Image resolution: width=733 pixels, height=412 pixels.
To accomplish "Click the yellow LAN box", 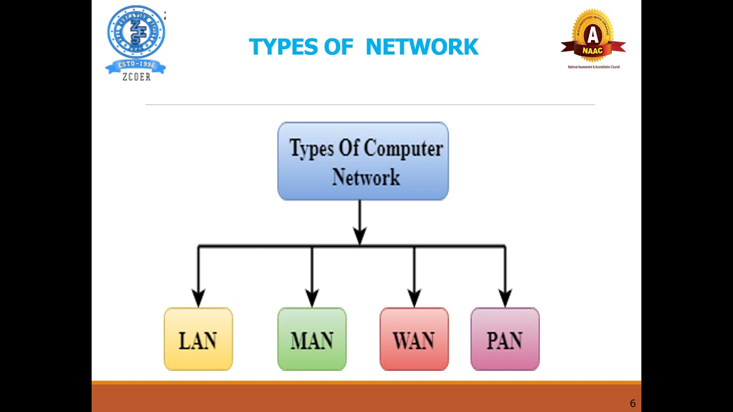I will (x=198, y=339).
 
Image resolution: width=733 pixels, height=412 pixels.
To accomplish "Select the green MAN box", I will (x=312, y=339).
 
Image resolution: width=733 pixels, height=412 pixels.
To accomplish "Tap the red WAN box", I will (x=414, y=339).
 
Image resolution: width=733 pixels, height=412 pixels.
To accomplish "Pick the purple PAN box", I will (x=505, y=339).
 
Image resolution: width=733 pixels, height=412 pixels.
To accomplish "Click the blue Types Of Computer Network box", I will (x=363, y=161).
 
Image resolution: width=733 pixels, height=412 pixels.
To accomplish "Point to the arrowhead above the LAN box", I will (x=198, y=298).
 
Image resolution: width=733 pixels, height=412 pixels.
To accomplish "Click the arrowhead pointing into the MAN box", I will (x=312, y=298).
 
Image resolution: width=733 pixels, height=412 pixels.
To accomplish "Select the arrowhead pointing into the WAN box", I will (x=414, y=298).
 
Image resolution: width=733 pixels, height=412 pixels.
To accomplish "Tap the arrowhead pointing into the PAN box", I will (x=505, y=298).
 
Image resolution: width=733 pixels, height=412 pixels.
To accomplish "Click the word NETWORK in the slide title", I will (x=421, y=47).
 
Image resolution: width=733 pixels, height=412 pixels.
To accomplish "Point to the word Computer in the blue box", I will (x=403, y=149).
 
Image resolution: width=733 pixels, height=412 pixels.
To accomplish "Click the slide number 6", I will (x=632, y=403).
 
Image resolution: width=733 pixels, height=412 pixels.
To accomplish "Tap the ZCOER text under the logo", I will (x=136, y=77).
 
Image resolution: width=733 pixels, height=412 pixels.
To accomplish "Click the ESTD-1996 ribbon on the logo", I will (x=136, y=65).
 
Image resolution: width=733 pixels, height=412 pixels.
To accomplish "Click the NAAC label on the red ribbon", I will (x=593, y=50).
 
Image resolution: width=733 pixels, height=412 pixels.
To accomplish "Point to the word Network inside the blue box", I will (x=366, y=177).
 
